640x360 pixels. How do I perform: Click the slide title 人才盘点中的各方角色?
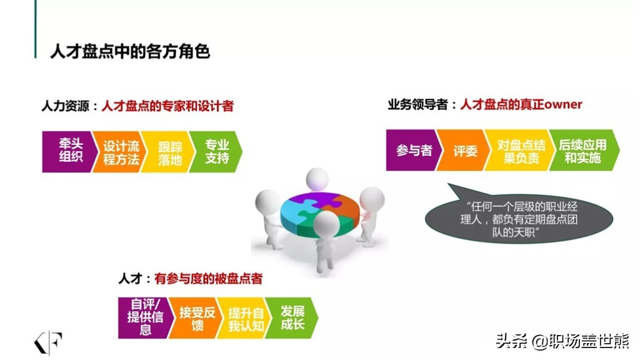(x=130, y=52)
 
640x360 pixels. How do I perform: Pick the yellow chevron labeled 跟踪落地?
(x=167, y=151)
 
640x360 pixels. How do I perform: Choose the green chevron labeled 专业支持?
(x=216, y=151)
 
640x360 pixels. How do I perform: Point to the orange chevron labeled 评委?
(x=463, y=150)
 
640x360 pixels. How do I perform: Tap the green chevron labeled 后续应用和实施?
(x=584, y=150)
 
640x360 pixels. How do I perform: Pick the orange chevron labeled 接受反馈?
(x=196, y=317)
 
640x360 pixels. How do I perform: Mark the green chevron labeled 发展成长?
(x=291, y=317)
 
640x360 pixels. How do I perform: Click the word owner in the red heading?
(x=563, y=104)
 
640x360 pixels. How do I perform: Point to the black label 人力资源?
(x=65, y=106)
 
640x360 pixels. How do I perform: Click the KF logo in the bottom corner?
(x=47, y=342)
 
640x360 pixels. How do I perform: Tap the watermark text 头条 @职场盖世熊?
(x=563, y=341)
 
